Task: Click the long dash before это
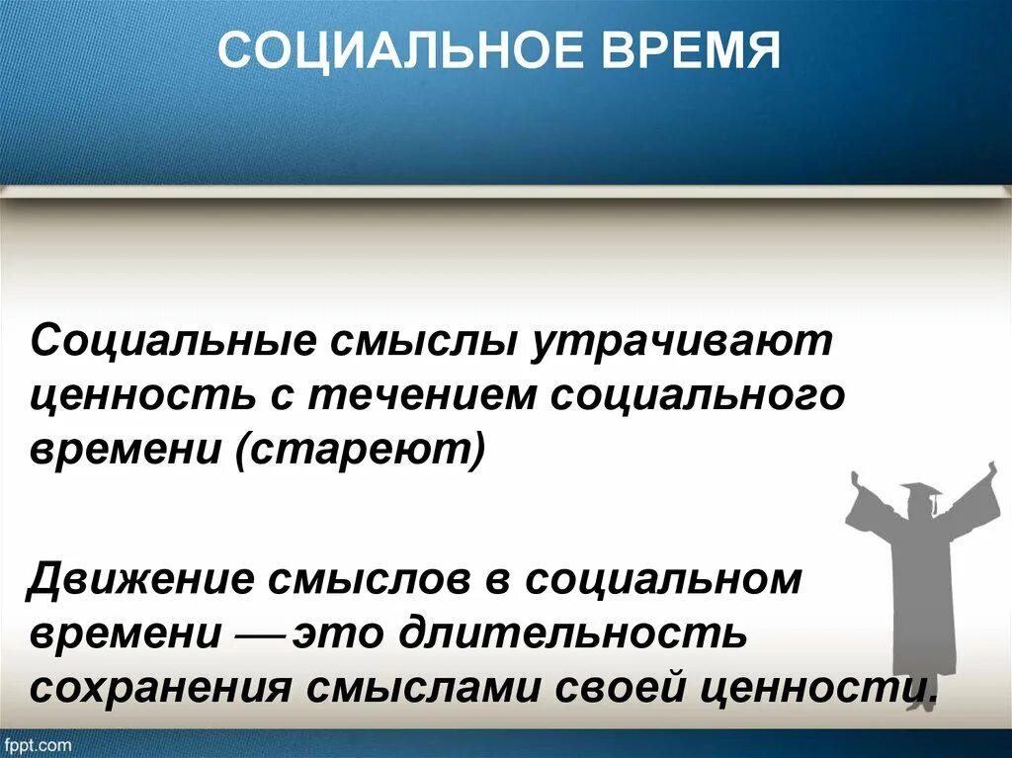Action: pyautogui.click(x=260, y=632)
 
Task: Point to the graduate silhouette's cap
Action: pyautogui.click(x=921, y=491)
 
